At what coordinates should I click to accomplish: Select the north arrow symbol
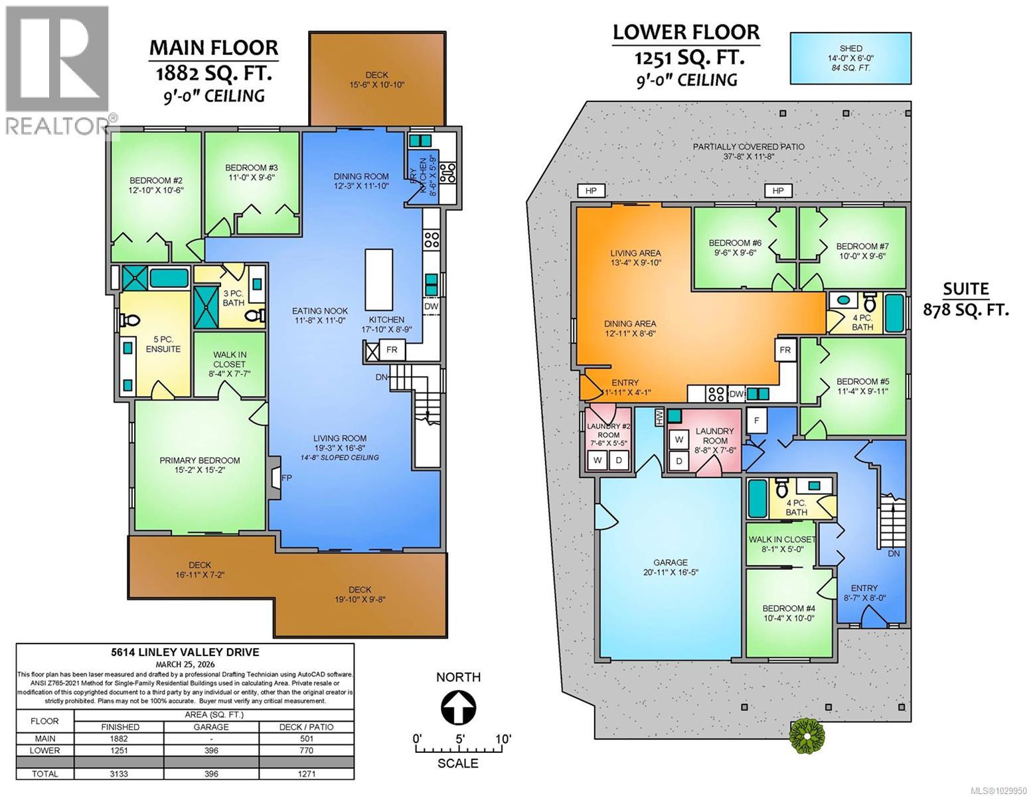pyautogui.click(x=458, y=708)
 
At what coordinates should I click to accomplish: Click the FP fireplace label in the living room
pyautogui.click(x=287, y=478)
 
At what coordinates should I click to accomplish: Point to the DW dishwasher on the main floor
pyautogui.click(x=431, y=306)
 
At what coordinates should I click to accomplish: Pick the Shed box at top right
pyautogui.click(x=850, y=58)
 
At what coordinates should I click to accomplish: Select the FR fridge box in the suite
pyautogui.click(x=785, y=350)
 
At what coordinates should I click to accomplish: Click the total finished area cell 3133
pyautogui.click(x=119, y=773)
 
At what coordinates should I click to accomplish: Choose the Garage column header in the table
pyautogui.click(x=211, y=727)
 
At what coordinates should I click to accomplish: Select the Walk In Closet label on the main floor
pyautogui.click(x=229, y=365)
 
